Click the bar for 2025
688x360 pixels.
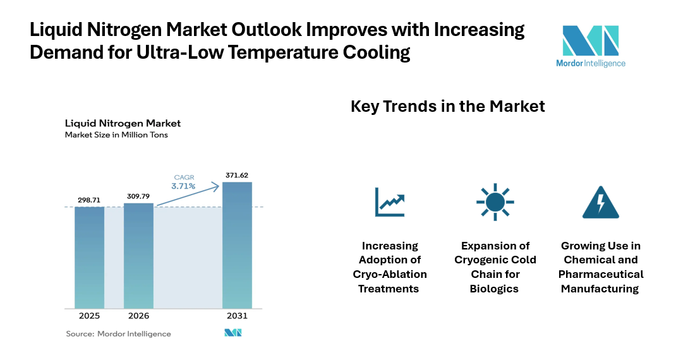point(89,257)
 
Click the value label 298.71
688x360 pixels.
point(89,200)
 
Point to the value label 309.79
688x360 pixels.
point(138,196)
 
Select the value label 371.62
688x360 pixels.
point(237,175)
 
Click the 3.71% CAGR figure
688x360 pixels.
point(183,186)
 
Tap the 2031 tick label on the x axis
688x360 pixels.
point(237,316)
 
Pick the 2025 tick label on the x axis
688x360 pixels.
point(89,316)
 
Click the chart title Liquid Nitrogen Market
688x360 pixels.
point(123,123)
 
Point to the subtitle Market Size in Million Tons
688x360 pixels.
point(116,135)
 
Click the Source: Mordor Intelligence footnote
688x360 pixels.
point(118,333)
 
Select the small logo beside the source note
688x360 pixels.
point(232,333)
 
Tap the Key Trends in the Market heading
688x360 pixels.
point(447,106)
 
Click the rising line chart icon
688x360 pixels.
point(390,201)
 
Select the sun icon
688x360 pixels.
point(495,202)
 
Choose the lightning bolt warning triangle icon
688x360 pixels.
point(600,202)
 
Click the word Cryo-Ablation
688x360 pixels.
point(390,274)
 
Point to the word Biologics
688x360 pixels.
point(495,289)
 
